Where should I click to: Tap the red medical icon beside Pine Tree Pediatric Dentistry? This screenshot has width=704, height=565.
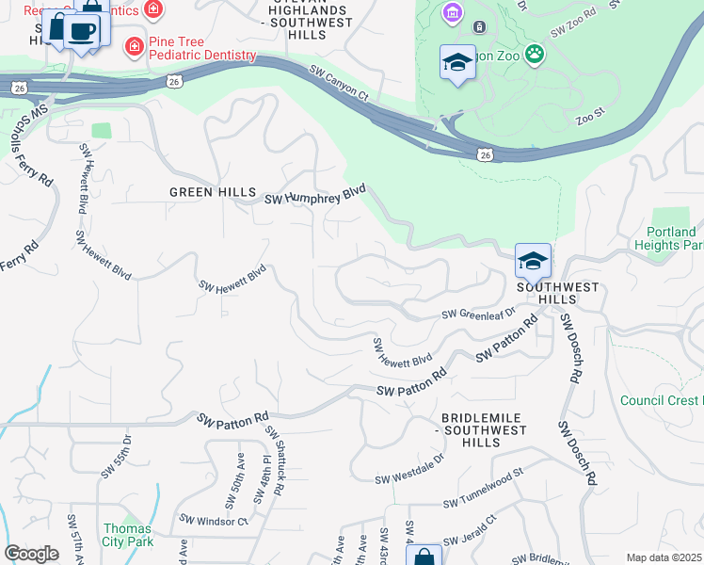(136, 46)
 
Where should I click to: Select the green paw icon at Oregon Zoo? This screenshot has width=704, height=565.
(535, 54)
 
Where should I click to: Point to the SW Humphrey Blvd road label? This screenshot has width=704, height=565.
(314, 195)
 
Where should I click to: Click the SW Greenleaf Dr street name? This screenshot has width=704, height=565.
(479, 314)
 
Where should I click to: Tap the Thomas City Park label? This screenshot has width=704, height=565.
(127, 535)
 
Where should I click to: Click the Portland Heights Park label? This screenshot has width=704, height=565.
(672, 238)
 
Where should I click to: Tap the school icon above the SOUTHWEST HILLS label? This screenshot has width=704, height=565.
(533, 261)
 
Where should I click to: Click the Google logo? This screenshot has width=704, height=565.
(32, 554)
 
